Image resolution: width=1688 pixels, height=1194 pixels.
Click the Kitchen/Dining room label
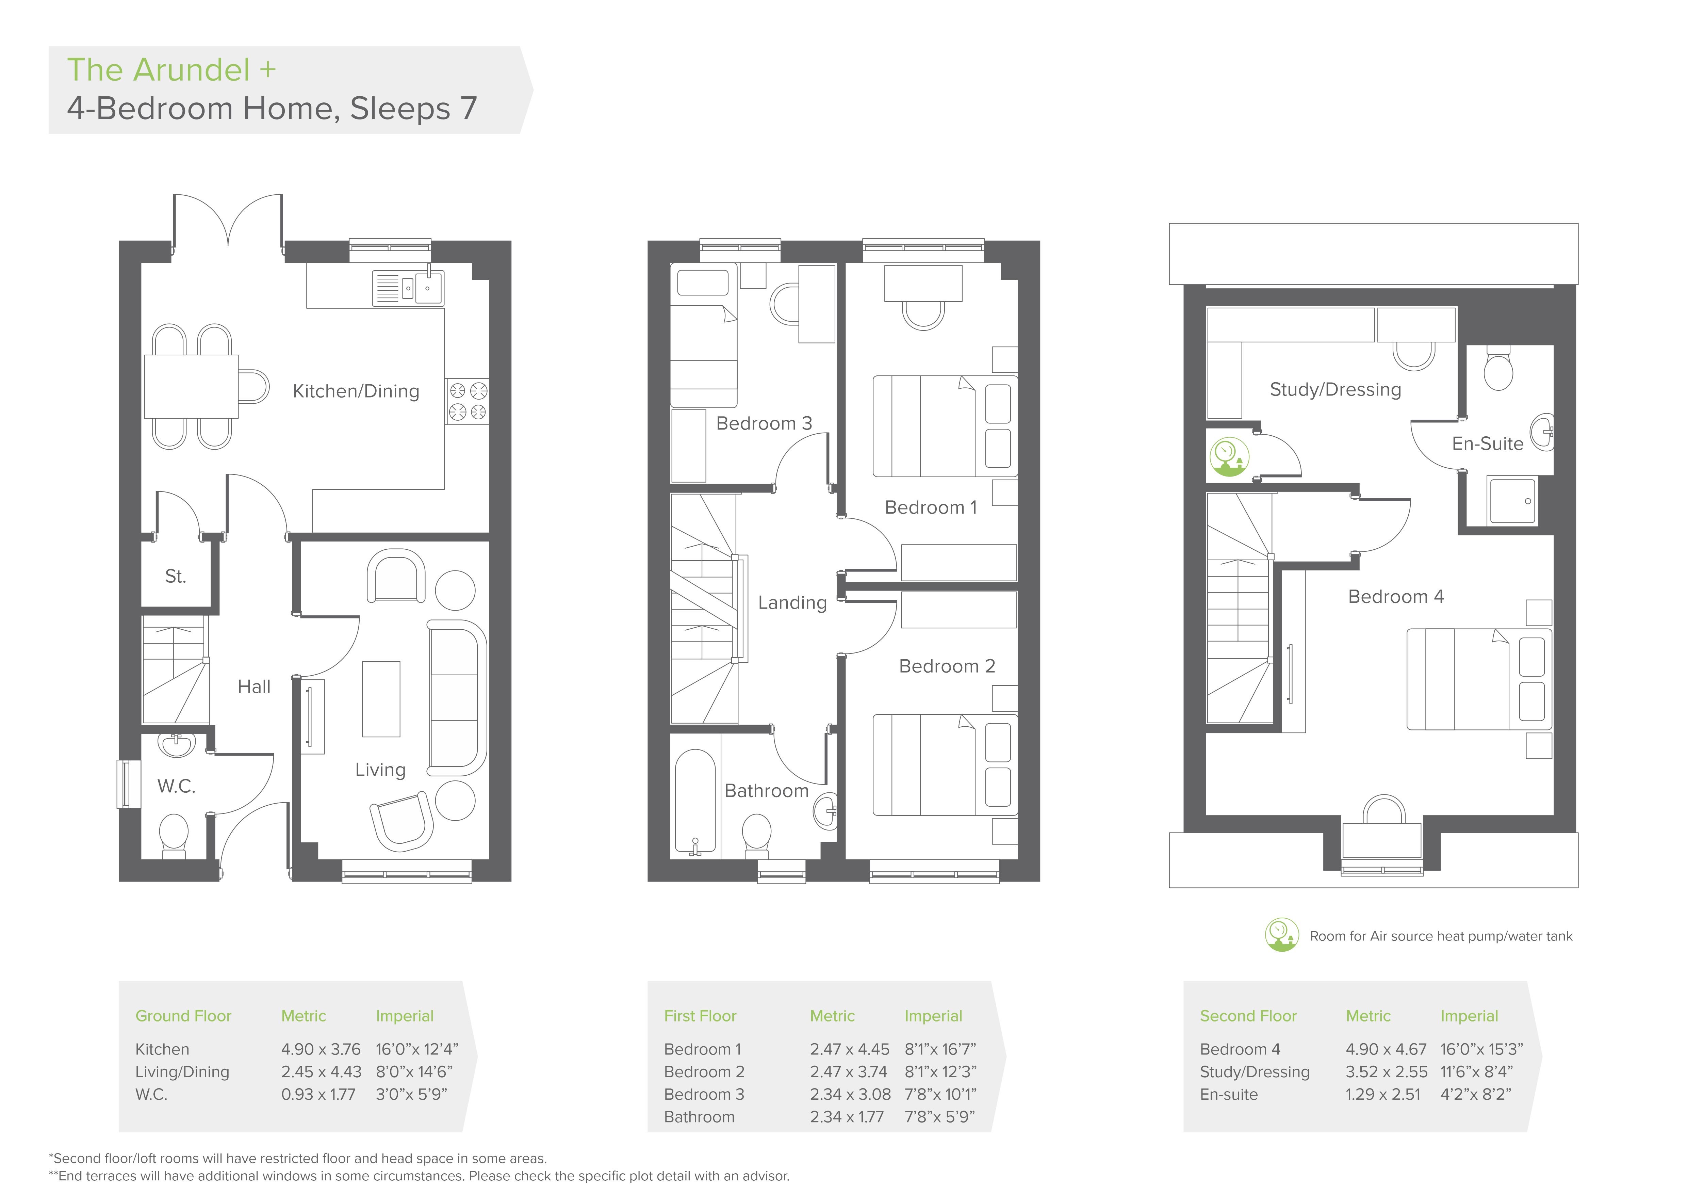(356, 391)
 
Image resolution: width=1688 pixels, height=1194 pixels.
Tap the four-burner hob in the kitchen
(468, 401)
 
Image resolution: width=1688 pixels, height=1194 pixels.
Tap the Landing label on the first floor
(792, 603)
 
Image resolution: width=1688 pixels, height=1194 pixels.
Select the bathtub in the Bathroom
(695, 803)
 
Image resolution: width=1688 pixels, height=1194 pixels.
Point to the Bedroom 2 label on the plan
(947, 666)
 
